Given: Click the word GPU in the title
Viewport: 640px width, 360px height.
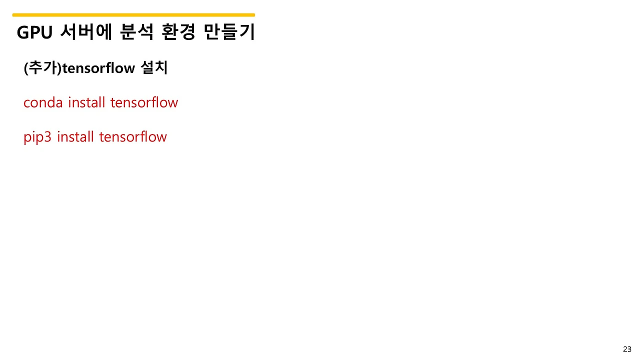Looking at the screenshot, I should click(34, 32).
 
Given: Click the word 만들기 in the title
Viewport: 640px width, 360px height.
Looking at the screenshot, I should click(229, 32).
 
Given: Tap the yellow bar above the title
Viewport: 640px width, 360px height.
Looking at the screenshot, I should click(133, 15).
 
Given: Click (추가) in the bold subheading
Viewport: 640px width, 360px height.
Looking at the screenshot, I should click(42, 67).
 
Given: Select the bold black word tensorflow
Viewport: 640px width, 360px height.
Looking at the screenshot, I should click(98, 68).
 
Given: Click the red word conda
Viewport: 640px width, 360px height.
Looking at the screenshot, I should click(43, 103).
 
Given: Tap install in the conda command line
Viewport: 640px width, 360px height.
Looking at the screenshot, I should click(86, 102).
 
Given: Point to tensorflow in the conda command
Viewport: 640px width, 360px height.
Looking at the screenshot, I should click(144, 102).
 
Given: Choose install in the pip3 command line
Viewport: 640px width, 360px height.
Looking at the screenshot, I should click(75, 136).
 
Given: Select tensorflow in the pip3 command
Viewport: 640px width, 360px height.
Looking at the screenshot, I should click(132, 136).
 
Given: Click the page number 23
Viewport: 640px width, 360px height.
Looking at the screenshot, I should click(627, 349).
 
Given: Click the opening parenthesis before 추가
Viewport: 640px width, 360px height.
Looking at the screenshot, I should click(25, 68).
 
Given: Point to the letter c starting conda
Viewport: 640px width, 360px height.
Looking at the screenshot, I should click(27, 103).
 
